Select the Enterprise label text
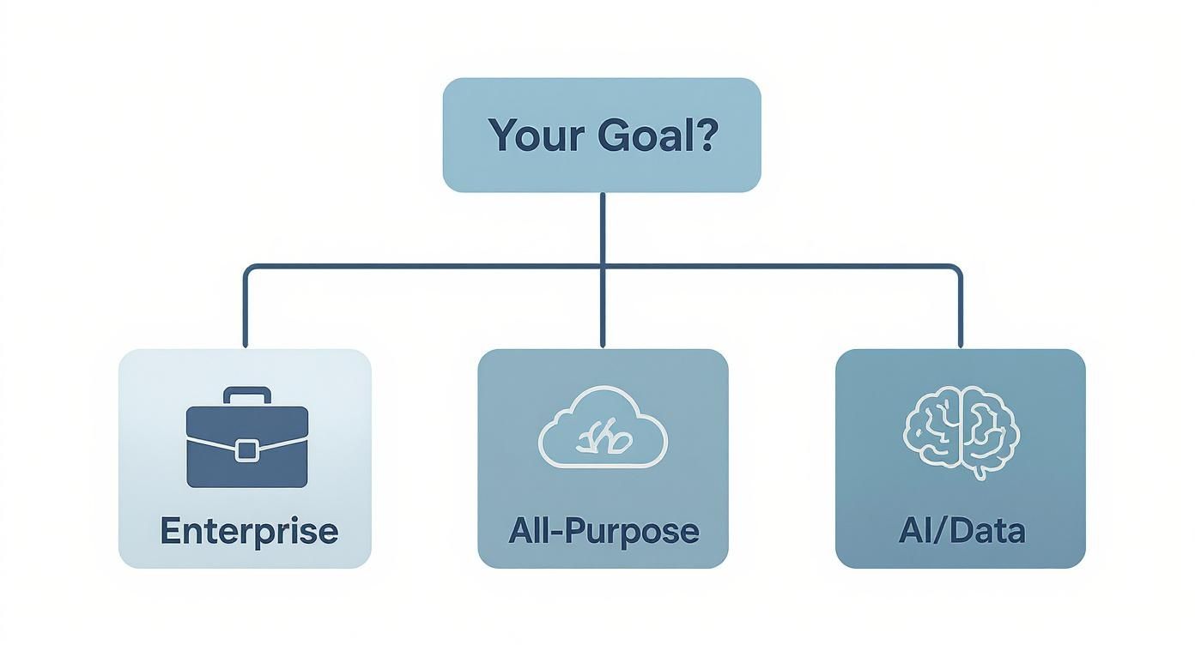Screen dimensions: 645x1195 249,531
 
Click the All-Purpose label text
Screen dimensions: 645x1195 604,531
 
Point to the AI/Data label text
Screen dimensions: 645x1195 961,531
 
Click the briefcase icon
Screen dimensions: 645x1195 246,437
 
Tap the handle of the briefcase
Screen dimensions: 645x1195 246,395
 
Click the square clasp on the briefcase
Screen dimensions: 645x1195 246,449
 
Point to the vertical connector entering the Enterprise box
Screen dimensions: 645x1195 246,317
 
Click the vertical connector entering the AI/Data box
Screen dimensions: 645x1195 960,317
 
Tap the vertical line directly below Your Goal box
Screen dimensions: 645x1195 603,227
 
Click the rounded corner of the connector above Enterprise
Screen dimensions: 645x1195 249,269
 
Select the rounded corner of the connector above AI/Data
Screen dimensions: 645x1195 956,269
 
